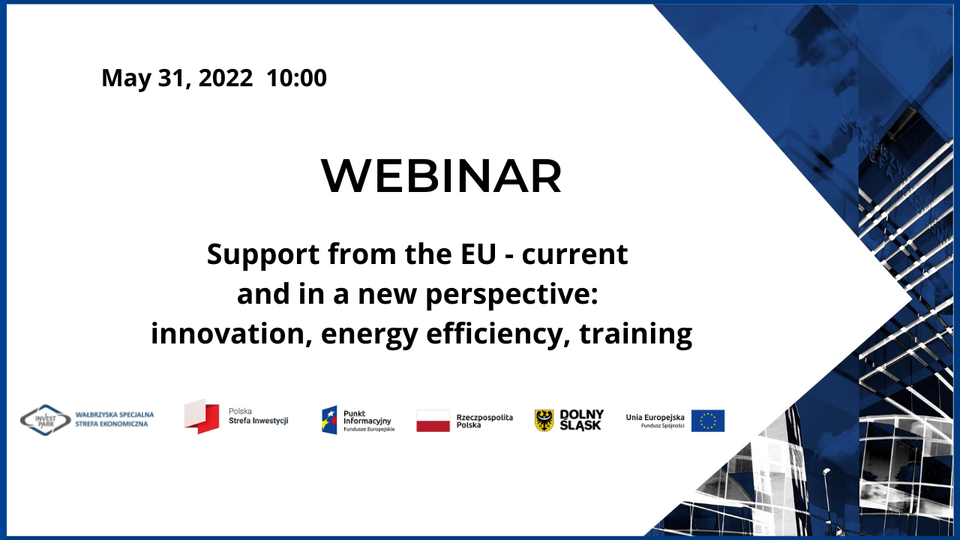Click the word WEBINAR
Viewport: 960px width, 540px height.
click(442, 175)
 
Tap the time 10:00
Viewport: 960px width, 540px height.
click(296, 78)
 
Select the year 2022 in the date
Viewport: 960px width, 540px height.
click(226, 78)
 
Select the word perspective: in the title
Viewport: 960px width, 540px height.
click(512, 295)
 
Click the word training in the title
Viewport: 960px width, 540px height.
click(636, 335)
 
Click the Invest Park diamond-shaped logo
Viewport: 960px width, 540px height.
click(46, 420)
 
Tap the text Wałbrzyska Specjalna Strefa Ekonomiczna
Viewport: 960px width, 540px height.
click(115, 419)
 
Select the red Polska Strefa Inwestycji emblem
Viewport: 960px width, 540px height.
click(202, 416)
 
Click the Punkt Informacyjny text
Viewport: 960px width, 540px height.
click(367, 417)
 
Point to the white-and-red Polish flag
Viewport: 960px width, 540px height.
click(433, 421)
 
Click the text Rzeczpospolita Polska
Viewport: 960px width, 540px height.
click(484, 421)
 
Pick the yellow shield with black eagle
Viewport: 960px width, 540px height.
click(544, 421)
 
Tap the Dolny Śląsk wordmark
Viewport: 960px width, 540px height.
click(581, 420)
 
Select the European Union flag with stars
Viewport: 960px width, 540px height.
click(708, 421)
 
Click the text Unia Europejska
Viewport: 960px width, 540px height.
click(655, 417)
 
